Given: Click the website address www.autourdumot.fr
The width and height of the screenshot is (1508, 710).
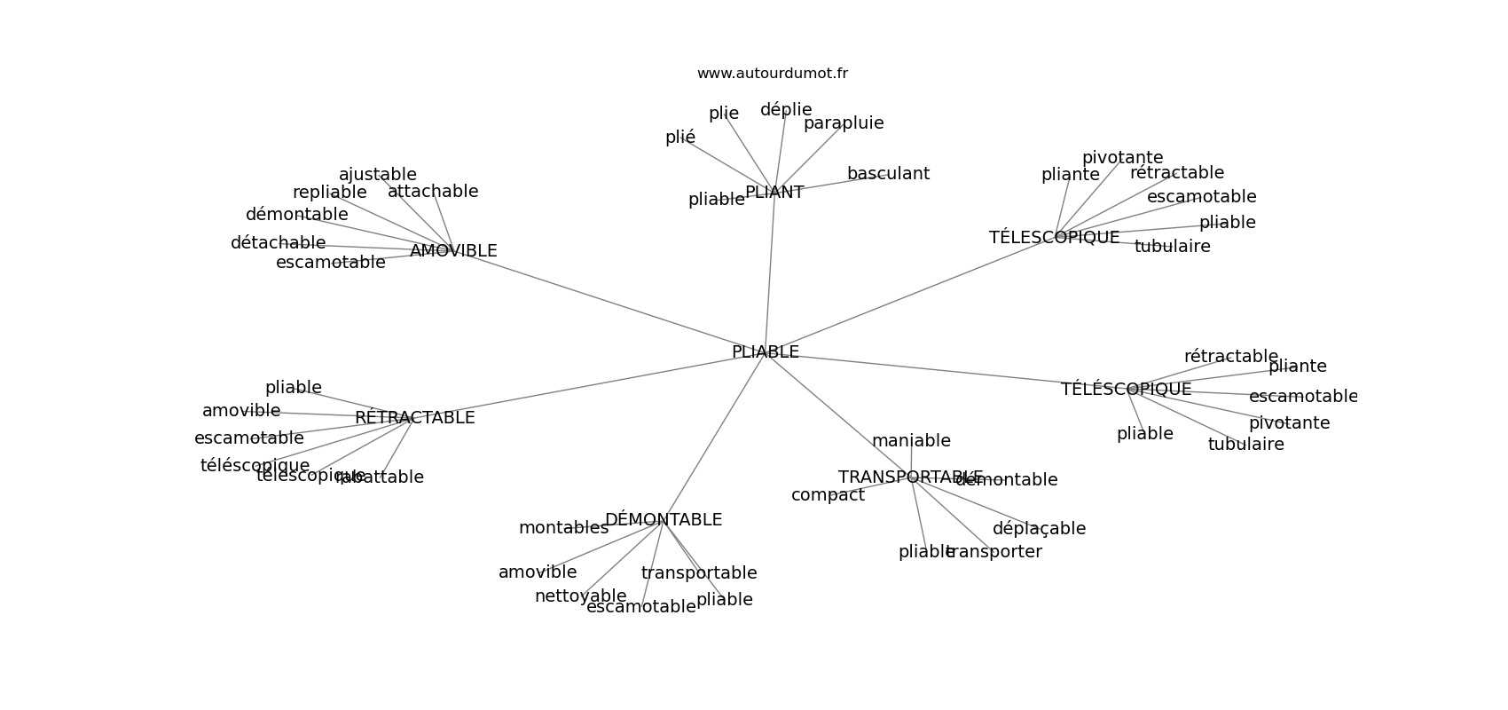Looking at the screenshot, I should click(772, 74).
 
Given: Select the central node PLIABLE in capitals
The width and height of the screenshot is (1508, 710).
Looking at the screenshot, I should click(765, 352).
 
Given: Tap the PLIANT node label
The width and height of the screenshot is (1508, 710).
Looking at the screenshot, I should click(774, 193).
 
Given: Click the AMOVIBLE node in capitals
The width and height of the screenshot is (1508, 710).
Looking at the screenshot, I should click(453, 251).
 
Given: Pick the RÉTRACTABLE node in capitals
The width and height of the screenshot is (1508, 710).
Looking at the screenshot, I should click(414, 418).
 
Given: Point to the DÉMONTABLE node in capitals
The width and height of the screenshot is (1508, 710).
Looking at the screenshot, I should click(663, 520).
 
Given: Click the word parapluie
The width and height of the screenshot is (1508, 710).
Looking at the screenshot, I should click(844, 123).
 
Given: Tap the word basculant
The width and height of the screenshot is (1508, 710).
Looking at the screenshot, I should click(888, 174).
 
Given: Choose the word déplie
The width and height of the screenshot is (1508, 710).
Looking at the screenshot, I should click(785, 110).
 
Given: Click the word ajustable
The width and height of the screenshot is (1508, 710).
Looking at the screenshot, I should click(377, 175).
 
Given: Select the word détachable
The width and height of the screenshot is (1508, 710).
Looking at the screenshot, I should click(278, 243).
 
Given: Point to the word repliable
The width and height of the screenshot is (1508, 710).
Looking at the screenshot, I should click(329, 193).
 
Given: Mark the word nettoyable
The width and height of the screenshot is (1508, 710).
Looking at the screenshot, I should click(580, 596).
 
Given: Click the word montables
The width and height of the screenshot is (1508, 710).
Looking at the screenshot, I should click(563, 528).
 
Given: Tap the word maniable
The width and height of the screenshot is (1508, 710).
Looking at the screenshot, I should click(911, 441).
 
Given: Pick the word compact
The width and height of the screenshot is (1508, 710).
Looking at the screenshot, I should click(828, 495).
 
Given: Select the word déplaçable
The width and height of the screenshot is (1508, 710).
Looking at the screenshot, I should click(1038, 529).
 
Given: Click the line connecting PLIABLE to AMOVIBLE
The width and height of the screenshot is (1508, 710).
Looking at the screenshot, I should click(612, 303).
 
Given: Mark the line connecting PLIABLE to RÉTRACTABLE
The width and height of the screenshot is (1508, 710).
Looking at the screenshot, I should click(585, 386).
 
